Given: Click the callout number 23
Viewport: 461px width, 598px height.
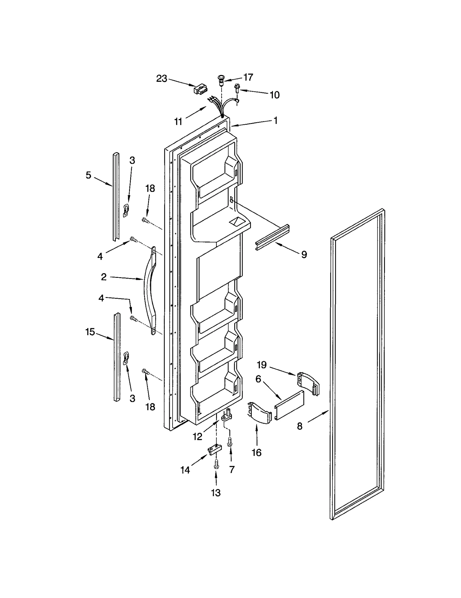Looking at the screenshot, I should pyautogui.click(x=162, y=78).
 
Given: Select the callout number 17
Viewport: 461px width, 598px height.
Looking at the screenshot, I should pyautogui.click(x=248, y=77).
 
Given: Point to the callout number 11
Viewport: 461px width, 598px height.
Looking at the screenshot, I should pyautogui.click(x=178, y=122).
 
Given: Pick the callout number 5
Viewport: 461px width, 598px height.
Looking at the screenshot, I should pyautogui.click(x=88, y=175).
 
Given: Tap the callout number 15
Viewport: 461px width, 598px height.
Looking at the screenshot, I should pyautogui.click(x=90, y=332).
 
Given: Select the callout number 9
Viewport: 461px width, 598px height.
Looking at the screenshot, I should pyautogui.click(x=304, y=254).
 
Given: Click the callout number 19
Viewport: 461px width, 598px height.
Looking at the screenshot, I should pyautogui.click(x=262, y=365).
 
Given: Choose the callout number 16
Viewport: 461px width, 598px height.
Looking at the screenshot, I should pyautogui.click(x=256, y=452).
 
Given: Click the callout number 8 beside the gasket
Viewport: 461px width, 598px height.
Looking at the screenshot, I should pyautogui.click(x=300, y=426).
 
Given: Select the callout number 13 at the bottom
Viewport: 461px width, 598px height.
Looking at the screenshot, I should pyautogui.click(x=216, y=493).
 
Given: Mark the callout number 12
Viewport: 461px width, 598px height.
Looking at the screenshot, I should pyautogui.click(x=197, y=437).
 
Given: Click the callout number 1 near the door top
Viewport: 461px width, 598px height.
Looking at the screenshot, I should pyautogui.click(x=275, y=120).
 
